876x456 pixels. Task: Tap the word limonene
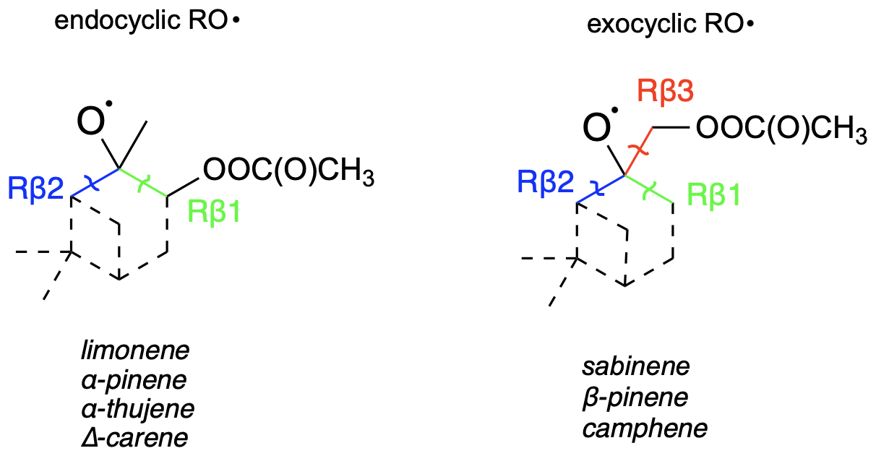pyautogui.click(x=135, y=351)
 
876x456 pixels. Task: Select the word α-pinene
pyautogui.click(x=134, y=380)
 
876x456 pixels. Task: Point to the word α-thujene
pyautogui.click(x=138, y=408)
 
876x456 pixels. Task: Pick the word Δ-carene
pyautogui.click(x=134, y=437)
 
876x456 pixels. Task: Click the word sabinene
pyautogui.click(x=636, y=366)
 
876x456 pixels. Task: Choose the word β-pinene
pyautogui.click(x=635, y=397)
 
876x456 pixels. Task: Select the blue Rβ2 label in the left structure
pyautogui.click(x=35, y=189)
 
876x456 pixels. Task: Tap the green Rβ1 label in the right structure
pyautogui.click(x=714, y=194)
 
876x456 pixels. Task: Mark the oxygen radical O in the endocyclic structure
pyautogui.click(x=90, y=125)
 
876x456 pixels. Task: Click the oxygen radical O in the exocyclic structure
pyautogui.click(x=597, y=129)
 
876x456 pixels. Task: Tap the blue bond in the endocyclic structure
pyautogui.click(x=95, y=183)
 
